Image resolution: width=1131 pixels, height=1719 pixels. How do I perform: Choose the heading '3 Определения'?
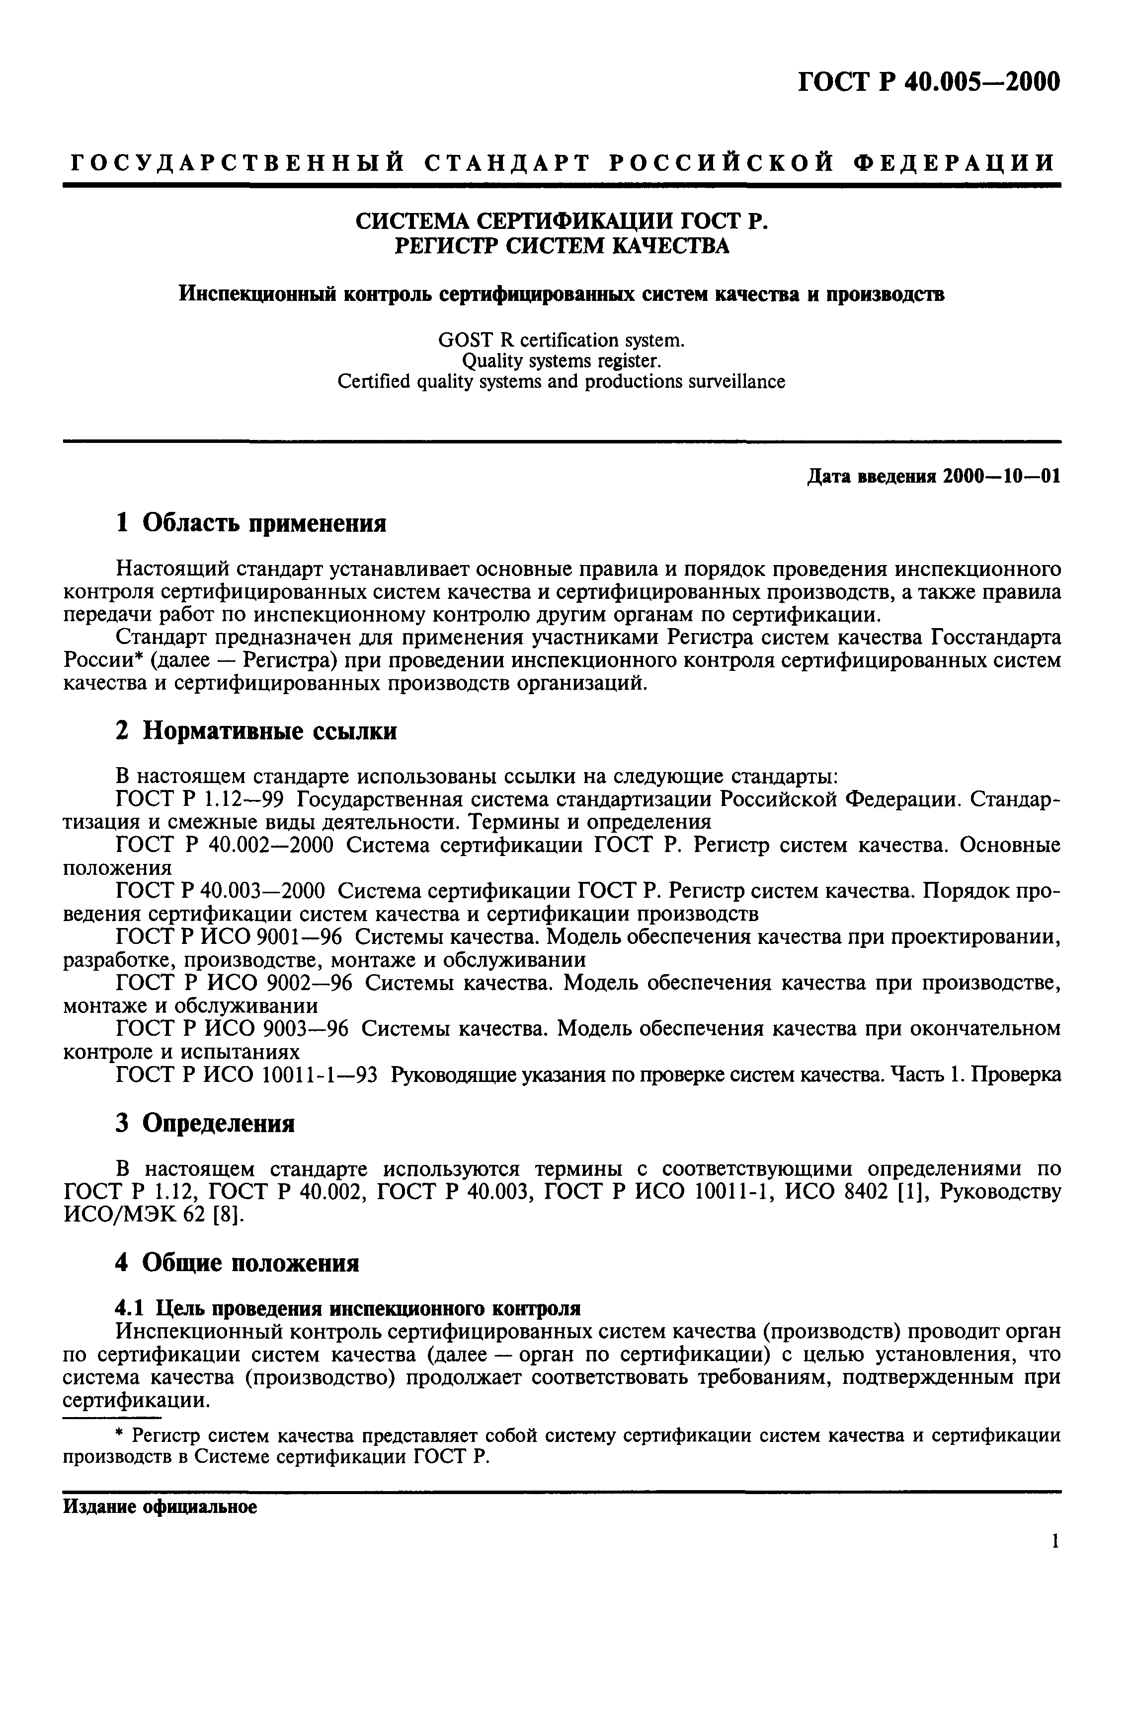point(205,1124)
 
